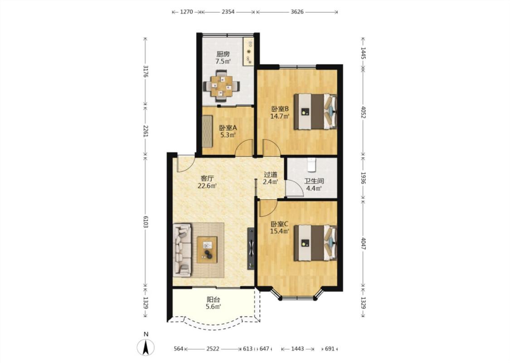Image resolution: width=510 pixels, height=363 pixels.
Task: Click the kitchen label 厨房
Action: pos(223,54)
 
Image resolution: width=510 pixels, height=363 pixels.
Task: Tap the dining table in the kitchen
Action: pos(222,86)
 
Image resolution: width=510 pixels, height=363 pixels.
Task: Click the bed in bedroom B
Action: pos(316,112)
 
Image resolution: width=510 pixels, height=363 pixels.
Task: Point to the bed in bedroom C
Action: pos(316,243)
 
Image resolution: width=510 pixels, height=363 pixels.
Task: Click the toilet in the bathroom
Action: pos(311,165)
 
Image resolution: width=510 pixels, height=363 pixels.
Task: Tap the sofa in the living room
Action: pos(182,250)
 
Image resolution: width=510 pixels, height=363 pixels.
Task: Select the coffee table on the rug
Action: pos(207,250)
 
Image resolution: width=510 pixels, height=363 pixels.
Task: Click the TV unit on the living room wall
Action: pos(251,248)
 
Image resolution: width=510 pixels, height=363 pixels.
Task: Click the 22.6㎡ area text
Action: pos(207,186)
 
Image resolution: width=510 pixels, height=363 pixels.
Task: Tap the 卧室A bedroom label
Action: pos(228,128)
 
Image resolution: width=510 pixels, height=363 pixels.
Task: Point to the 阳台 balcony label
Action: pos(214,299)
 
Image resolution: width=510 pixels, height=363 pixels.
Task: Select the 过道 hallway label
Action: pos(270,175)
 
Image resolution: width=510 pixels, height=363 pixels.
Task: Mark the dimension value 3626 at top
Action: pos(297,12)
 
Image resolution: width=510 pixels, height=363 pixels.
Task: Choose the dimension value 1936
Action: pos(363,178)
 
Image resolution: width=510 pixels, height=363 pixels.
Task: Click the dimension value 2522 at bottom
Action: pos(213,348)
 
